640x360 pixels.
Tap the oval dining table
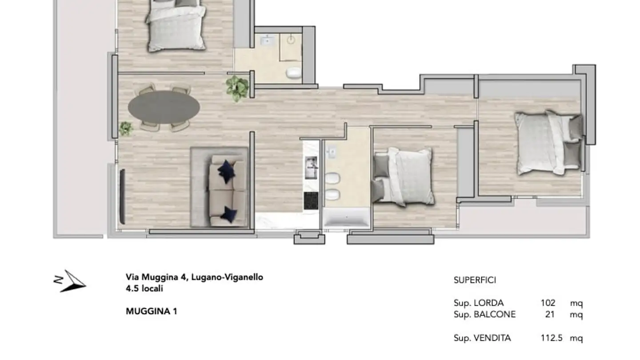(164, 107)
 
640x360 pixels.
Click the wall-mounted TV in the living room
(123, 196)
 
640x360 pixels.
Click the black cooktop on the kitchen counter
(311, 201)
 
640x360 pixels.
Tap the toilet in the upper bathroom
(293, 72)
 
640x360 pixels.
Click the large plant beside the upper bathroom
(237, 87)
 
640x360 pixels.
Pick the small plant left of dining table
(126, 128)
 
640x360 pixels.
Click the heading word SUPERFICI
(475, 280)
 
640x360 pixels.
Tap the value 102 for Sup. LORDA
(548, 303)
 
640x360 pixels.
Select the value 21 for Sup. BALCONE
(550, 315)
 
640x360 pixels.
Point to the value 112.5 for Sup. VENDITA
(552, 338)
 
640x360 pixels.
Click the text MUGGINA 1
(152, 312)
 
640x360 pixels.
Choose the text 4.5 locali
(144, 289)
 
